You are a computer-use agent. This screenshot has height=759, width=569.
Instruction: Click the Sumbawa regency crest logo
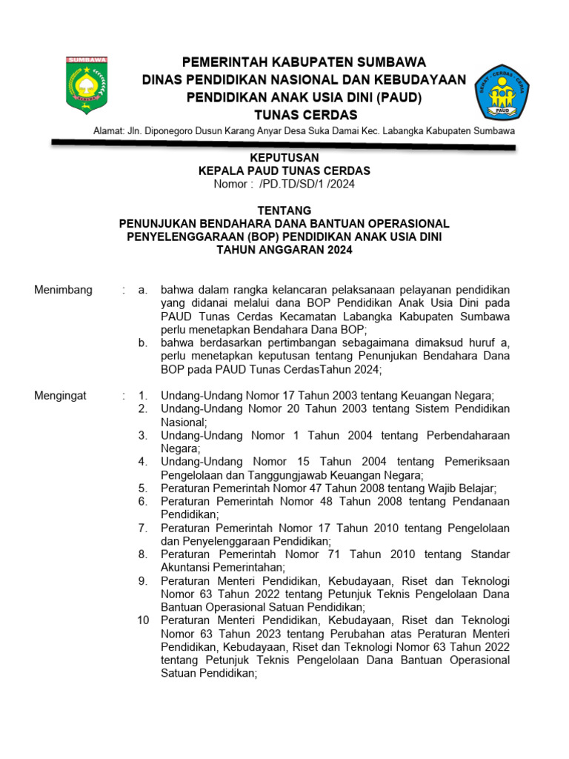point(87,84)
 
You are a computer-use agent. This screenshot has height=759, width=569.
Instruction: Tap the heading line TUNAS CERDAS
point(305,115)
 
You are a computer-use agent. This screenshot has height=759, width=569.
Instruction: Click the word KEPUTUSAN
point(284,158)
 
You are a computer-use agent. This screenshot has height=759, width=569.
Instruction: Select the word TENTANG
point(284,211)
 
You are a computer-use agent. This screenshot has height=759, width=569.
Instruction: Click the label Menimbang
point(63,290)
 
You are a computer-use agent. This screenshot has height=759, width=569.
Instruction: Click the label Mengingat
point(60,396)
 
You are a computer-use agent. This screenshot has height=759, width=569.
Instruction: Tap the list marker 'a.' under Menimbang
point(143,290)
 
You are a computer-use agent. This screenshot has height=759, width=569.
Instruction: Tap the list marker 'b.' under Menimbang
point(143,343)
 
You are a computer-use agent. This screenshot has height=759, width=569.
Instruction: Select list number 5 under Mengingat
point(143,488)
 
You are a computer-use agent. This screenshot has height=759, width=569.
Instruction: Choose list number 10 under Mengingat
point(144,620)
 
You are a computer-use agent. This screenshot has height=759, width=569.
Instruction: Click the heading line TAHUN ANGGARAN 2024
point(284,250)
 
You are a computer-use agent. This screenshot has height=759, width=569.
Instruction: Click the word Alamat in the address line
point(109,131)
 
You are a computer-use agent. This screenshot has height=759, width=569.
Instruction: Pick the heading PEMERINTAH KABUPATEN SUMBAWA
point(305,62)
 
